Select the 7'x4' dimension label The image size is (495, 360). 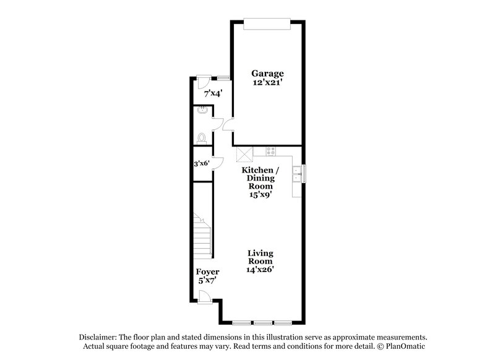click(213, 94)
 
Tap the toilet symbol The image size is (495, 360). click(200, 138)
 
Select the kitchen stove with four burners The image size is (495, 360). click(270, 151)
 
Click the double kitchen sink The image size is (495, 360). click(297, 174)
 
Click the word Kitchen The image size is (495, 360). click(258, 169)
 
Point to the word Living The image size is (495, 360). click(260, 253)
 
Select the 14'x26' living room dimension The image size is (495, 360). click(260, 269)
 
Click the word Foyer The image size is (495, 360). click(207, 272)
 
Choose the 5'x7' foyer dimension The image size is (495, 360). click(207, 280)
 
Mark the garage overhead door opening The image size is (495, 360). click(266, 23)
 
